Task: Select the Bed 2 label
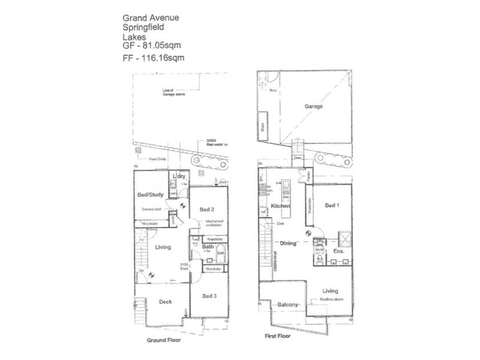pos(208,209)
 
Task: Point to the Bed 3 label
pos(210,296)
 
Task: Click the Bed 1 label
pos(332,205)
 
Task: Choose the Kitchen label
pos(280,206)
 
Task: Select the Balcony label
pos(289,305)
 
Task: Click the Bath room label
pos(208,246)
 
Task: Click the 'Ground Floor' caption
pos(164,339)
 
